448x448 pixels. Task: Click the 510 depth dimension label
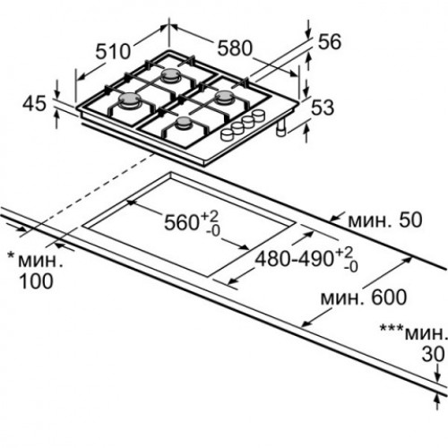(x=113, y=51)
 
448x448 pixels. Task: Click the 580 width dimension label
(x=235, y=48)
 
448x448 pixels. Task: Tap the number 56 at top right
(x=330, y=41)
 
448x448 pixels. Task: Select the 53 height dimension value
(x=323, y=108)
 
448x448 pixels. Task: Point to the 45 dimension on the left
(x=35, y=104)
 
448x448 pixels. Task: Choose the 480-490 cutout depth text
(x=295, y=259)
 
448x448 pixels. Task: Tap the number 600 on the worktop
(x=389, y=297)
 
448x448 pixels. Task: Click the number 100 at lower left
(x=36, y=281)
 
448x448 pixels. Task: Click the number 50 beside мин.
(x=411, y=220)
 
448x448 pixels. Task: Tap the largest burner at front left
(x=130, y=99)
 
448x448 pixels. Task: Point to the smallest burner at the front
(x=184, y=123)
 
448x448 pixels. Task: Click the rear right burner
(x=225, y=98)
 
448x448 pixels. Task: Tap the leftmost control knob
(x=228, y=135)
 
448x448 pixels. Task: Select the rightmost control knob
(x=258, y=115)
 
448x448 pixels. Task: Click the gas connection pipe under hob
(x=281, y=129)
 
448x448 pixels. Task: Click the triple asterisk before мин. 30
(x=391, y=329)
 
